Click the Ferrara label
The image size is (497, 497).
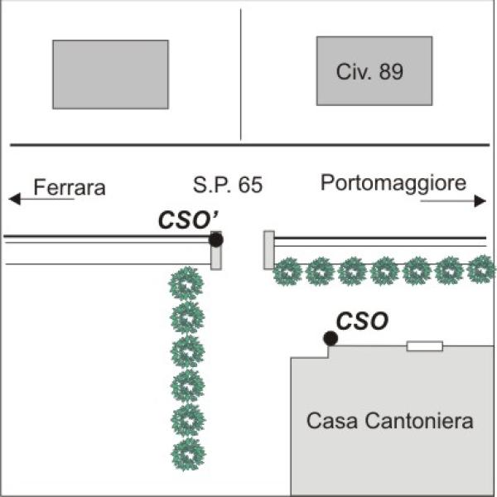(x=70, y=187)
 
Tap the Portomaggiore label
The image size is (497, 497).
(x=393, y=183)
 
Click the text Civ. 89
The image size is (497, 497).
(x=370, y=71)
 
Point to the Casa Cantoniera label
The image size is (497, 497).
(x=390, y=422)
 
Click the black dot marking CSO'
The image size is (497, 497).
(x=216, y=239)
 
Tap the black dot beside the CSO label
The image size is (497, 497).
(x=331, y=338)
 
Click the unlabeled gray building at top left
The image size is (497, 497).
(x=110, y=75)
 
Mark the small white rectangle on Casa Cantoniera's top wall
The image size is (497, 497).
(x=424, y=345)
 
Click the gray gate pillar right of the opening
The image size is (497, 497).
(x=269, y=249)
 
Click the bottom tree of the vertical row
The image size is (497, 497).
(x=188, y=454)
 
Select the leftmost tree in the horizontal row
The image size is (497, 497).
(x=287, y=271)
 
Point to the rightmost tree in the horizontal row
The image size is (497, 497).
(x=481, y=269)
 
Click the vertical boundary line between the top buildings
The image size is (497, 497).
(x=241, y=75)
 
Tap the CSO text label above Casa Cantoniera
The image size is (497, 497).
(x=362, y=321)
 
